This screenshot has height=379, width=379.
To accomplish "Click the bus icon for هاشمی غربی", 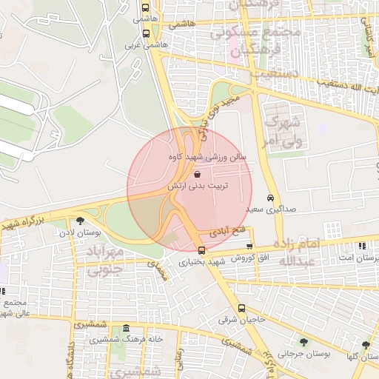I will click(x=146, y=33).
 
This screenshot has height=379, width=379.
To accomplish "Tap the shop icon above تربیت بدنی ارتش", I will click(x=196, y=174).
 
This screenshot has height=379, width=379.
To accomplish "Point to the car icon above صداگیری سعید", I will click(x=271, y=198).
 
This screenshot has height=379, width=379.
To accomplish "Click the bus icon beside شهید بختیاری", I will click(x=202, y=249).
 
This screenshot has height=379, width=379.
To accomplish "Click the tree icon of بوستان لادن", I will click(x=80, y=220).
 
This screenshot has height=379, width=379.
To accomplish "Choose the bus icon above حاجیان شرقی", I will click(x=241, y=309).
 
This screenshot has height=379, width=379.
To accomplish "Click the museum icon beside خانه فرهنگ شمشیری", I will click(x=127, y=329).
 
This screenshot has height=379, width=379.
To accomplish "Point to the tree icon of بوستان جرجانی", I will click(x=303, y=341).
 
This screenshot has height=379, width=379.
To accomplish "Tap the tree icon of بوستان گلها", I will click(x=366, y=344).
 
